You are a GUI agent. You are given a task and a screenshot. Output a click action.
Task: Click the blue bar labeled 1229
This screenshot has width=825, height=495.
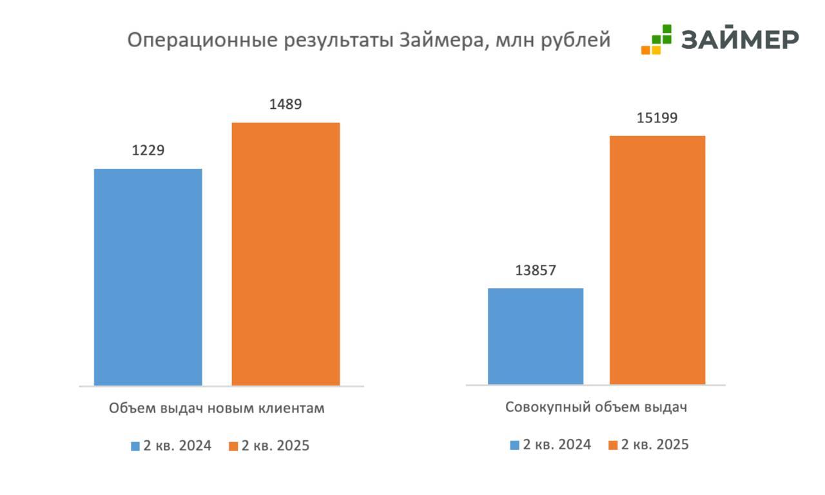click(148, 277)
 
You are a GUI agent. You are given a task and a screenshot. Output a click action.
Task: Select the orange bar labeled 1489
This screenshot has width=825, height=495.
click(286, 254)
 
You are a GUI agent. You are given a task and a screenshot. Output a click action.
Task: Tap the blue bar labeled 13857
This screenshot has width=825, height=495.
click(535, 336)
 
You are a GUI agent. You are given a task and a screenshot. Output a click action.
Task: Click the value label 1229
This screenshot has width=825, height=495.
click(148, 151)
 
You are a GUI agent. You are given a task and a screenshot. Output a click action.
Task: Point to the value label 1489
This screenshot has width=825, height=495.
click(286, 104)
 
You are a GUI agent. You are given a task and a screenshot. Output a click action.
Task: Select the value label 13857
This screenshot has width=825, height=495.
click(535, 271)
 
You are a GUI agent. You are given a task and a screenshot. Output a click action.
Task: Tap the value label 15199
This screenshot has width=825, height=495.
click(657, 118)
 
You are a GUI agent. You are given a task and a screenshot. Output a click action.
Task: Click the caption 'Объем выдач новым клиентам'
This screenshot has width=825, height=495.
click(217, 408)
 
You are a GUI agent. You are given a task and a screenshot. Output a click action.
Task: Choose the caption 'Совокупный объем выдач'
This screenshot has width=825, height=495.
click(596, 407)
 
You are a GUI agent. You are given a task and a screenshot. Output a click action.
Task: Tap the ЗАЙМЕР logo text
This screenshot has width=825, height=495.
click(740, 39)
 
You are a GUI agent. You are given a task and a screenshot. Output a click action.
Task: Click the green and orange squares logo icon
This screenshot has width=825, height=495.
click(656, 39)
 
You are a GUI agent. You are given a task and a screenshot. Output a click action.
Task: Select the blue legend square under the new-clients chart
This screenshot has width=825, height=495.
click(135, 446)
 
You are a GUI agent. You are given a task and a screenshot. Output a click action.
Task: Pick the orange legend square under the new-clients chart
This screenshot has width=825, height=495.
click(234, 446)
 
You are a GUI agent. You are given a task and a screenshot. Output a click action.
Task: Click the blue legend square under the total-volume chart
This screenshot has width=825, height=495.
click(514, 445)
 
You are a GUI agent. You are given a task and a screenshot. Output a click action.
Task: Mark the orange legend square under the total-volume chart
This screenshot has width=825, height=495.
click(613, 445)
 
